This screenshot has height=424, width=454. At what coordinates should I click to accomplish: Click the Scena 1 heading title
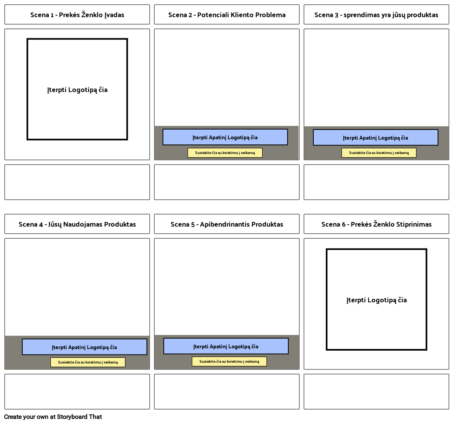click(77, 15)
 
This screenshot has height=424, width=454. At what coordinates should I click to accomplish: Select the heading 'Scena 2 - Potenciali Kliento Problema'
click(227, 15)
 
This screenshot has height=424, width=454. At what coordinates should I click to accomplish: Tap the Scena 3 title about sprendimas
click(376, 15)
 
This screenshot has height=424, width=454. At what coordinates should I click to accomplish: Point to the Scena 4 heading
click(77, 224)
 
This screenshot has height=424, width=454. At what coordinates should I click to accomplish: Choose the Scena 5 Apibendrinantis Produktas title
click(227, 224)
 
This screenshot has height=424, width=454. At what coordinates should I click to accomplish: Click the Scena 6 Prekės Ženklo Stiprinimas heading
click(376, 224)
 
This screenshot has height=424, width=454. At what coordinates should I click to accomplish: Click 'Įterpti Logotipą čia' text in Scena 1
click(77, 90)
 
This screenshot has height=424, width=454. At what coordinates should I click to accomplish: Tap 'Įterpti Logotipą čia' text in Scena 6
click(376, 300)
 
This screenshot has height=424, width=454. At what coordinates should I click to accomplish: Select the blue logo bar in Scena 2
click(225, 137)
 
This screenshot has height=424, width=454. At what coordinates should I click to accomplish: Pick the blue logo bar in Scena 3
click(375, 138)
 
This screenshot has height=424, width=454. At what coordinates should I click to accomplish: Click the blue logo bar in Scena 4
click(85, 347)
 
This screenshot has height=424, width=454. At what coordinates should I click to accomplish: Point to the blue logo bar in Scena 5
click(226, 346)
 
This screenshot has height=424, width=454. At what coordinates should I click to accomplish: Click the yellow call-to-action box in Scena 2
click(225, 153)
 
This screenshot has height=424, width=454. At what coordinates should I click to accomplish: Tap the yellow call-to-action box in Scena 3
click(379, 153)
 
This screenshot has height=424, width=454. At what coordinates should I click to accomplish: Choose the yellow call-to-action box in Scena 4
click(88, 362)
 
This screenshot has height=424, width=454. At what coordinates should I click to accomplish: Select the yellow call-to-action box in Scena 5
click(229, 362)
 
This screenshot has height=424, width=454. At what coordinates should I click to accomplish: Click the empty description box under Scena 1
click(77, 182)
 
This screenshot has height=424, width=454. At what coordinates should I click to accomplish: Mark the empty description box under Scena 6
click(376, 392)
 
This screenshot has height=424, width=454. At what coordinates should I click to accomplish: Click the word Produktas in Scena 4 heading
click(120, 224)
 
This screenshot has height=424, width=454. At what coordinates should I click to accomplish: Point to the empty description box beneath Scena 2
click(227, 182)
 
